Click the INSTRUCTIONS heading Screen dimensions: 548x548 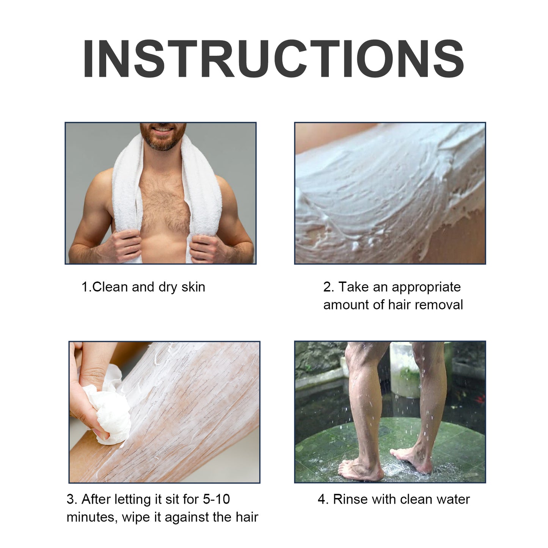[x=273, y=59]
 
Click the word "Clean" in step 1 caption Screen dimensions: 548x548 [x=110, y=287]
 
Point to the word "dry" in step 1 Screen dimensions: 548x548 [x=168, y=287]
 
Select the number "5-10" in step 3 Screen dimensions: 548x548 [x=216, y=499]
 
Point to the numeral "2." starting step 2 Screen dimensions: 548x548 [x=328, y=287]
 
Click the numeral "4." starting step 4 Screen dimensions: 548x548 [x=323, y=499]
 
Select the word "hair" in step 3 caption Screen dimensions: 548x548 [x=246, y=517]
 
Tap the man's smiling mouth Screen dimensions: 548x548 [x=163, y=130]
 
